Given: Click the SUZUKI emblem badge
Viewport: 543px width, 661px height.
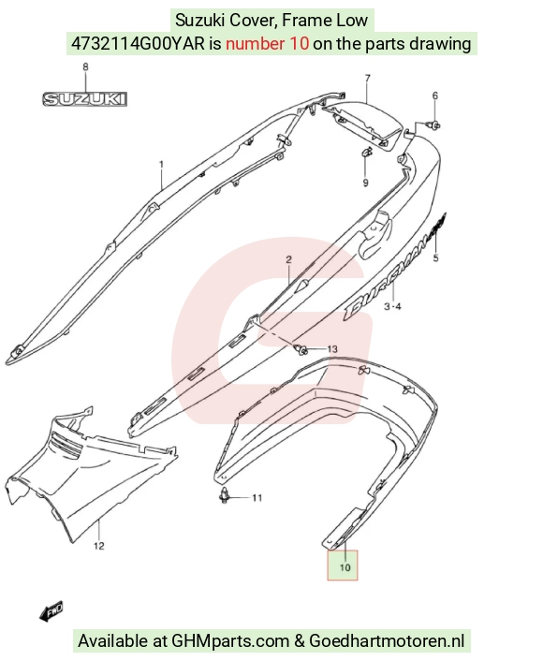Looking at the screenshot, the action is [85, 99].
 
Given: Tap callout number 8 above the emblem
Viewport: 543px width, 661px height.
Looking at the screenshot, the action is [85, 67].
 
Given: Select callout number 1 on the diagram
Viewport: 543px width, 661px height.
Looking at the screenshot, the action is [161, 164].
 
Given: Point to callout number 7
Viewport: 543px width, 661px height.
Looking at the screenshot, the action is [368, 79].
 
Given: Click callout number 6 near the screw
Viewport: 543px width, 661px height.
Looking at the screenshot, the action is [435, 95].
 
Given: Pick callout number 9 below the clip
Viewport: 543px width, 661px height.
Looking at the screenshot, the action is [365, 183].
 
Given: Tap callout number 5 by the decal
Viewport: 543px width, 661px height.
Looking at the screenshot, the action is [436, 257].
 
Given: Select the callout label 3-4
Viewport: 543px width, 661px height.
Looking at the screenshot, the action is [392, 306].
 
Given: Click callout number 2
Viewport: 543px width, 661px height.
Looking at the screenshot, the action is [288, 259].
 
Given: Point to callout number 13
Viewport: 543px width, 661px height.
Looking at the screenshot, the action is [332, 349].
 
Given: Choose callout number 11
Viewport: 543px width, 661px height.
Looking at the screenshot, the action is [257, 498].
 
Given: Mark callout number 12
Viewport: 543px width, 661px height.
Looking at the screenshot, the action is [98, 546].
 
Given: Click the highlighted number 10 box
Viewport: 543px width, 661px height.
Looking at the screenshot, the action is [343, 566].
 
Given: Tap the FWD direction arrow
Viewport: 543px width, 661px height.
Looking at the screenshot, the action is [51, 610].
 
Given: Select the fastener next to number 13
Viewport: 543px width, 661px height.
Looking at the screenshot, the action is [301, 349].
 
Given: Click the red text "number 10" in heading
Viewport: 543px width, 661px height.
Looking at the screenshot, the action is [267, 43].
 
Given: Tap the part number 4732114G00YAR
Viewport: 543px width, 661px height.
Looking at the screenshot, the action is [138, 43].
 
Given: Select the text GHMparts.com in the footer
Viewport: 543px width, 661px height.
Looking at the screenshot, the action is [229, 640].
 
